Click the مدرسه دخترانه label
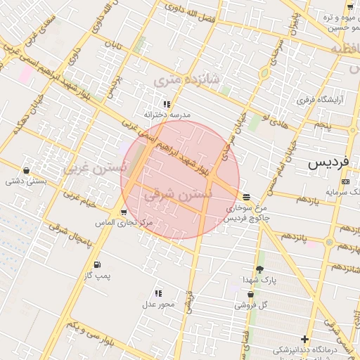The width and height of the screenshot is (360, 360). (x=167, y=114)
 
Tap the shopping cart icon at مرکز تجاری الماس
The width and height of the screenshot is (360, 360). (x=124, y=212)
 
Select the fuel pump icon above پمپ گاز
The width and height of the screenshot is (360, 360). (x=105, y=264)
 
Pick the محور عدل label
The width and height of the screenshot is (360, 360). (x=157, y=304)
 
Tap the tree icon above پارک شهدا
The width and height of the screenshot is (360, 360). (x=259, y=269)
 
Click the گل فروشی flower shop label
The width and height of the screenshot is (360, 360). (x=255, y=305)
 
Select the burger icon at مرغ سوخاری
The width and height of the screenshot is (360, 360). (x=245, y=197)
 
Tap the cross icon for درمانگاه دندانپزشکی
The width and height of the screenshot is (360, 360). (x=304, y=340)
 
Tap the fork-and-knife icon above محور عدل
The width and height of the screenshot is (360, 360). (x=158, y=292)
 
